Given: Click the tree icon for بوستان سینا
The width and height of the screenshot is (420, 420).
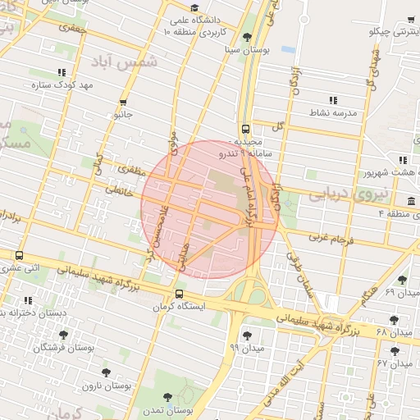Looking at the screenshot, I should click(248, 37).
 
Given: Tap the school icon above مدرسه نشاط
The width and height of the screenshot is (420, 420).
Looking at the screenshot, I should click(333, 99).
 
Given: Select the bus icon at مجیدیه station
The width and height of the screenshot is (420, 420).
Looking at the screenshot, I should click(245, 129).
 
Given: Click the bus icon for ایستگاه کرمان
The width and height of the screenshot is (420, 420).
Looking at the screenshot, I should click(179, 294).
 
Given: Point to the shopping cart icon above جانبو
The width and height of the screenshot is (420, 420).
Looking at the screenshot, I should click(123, 103).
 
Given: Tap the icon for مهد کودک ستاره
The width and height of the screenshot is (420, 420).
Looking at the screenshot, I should click(62, 71).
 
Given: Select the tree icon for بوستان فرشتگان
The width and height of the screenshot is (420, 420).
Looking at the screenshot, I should click(64, 335).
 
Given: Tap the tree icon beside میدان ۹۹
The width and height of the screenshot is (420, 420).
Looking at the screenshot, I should click(248, 335).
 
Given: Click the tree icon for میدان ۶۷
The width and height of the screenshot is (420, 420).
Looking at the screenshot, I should click(395, 350).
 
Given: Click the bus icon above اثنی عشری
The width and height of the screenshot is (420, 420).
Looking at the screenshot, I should click(19, 255).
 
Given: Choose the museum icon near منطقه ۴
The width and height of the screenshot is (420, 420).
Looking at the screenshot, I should click(411, 202).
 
